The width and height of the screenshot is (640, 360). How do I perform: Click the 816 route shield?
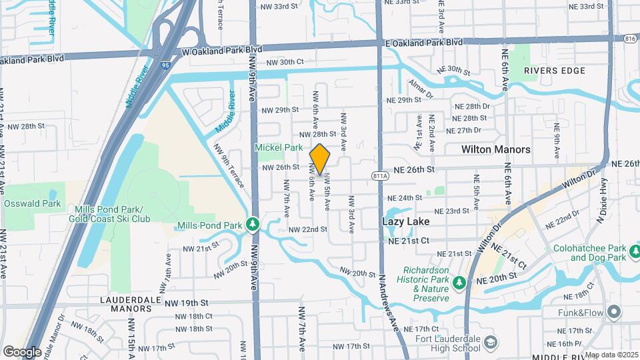pyautogui.click(x=630, y=39)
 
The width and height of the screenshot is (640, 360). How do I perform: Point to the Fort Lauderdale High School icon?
pyautogui.click(x=491, y=341)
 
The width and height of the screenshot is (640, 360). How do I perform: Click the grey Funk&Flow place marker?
pyautogui.click(x=613, y=311)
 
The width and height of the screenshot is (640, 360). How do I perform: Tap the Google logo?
pyautogui.click(x=22, y=351)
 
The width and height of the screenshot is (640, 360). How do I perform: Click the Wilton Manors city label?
pyautogui.click(x=495, y=150)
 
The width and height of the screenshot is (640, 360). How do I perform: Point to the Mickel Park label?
pyautogui.click(x=278, y=148)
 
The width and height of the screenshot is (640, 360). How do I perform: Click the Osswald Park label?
pyautogui.click(x=32, y=203)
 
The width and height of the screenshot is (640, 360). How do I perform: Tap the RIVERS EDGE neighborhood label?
pyautogui.click(x=554, y=71)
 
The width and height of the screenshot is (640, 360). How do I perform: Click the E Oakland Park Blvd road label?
pyautogui.click(x=423, y=42)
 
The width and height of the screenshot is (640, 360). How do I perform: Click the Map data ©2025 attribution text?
pyautogui.click(x=611, y=355)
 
